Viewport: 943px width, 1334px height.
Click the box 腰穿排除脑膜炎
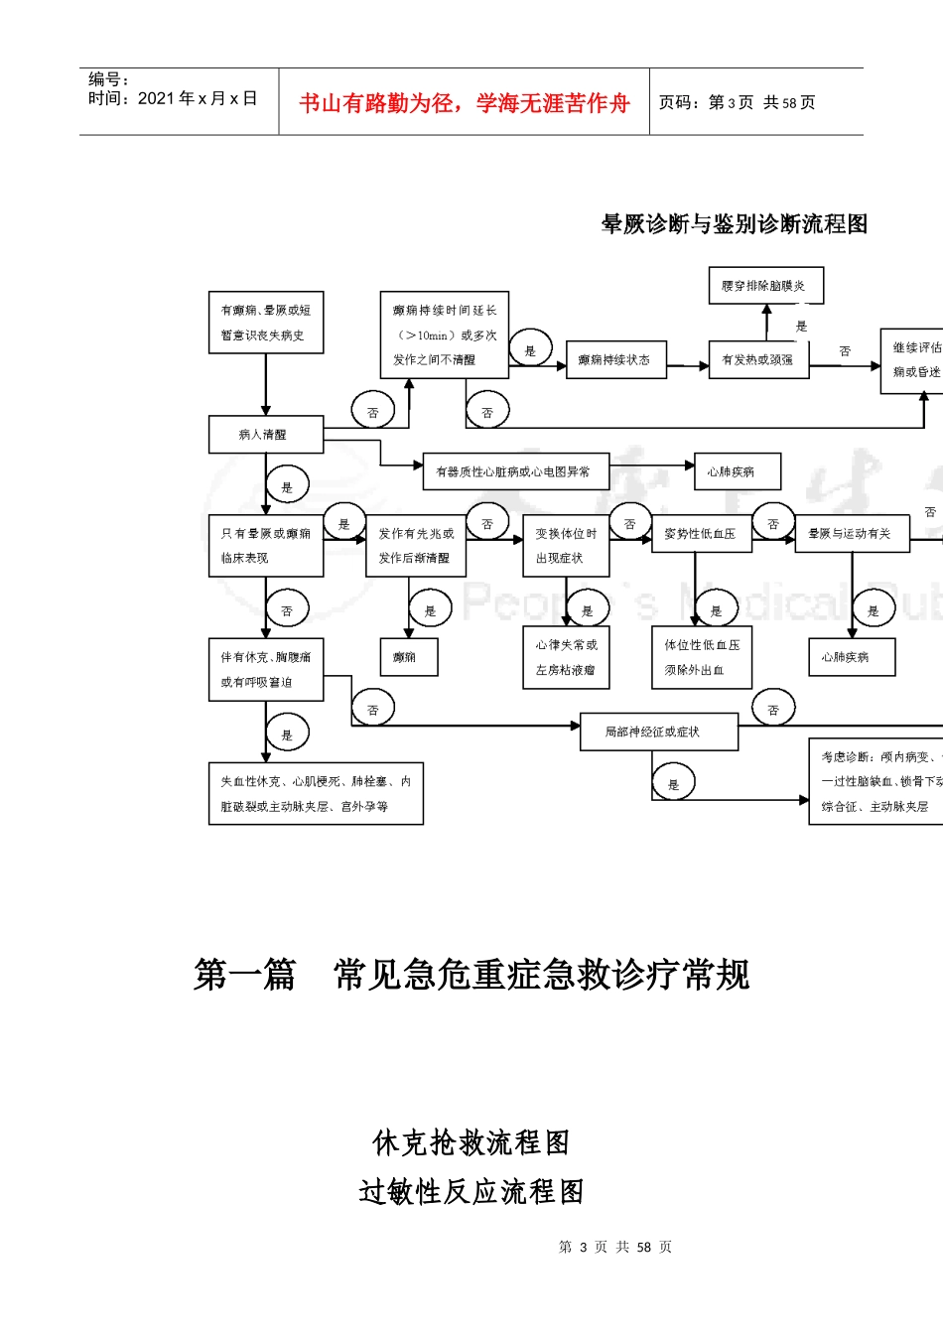765,286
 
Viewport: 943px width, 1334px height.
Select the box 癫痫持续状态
615,360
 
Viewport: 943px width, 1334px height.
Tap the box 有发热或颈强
758,360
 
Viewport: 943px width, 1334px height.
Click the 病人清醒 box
265,435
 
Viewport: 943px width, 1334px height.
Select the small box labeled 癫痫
408,657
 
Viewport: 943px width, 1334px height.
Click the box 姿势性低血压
701,534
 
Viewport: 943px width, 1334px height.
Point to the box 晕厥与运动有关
851,534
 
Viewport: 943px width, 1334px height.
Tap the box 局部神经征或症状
658,732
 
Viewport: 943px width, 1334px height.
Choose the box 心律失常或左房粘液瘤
566,657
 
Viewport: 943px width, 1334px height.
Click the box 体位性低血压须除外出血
701,657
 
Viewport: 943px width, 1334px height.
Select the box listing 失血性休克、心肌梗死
316,794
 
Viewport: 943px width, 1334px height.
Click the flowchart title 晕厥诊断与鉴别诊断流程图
735,224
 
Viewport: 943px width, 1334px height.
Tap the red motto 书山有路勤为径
464,103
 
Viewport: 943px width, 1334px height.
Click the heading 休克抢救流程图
471,1142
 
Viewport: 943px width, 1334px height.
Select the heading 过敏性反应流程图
471,1191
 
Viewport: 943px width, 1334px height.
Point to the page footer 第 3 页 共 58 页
614,1247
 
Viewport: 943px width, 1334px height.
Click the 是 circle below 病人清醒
287,486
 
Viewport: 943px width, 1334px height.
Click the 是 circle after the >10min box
530,350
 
